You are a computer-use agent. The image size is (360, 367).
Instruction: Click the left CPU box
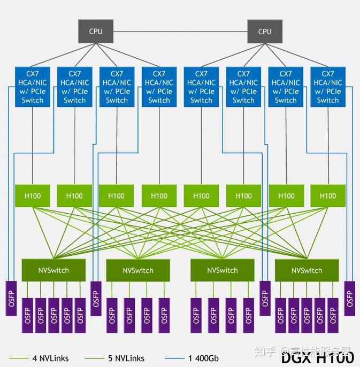96,32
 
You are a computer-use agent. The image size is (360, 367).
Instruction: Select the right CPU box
265,32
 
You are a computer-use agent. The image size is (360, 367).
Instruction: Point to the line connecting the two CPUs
180,32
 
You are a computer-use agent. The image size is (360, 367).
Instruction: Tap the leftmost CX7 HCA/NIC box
33,87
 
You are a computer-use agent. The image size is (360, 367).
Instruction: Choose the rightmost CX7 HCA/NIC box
328,87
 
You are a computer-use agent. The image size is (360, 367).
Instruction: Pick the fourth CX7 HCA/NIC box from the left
159,87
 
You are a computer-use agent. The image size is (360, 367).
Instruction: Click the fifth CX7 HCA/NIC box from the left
201,87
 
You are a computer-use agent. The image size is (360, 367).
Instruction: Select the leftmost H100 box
33,196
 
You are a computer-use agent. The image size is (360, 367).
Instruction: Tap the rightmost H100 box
328,196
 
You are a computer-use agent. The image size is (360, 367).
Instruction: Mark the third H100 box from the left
117,196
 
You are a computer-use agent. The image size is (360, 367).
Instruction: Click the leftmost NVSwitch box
53,270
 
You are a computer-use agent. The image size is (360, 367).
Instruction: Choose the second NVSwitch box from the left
137,270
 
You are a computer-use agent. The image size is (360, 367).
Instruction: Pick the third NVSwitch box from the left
222,270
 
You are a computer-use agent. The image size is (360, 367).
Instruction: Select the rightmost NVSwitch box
307,270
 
